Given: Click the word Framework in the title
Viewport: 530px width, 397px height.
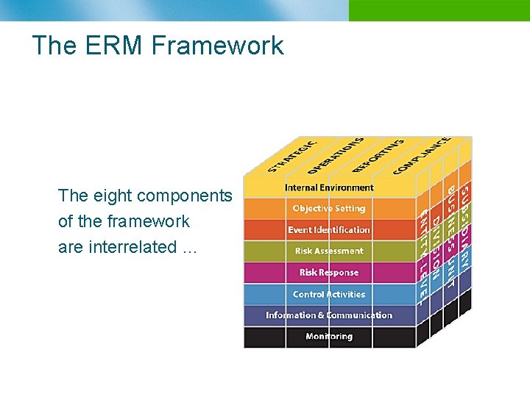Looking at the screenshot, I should click(217, 46).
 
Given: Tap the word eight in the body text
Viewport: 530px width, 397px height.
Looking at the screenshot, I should click(113, 196).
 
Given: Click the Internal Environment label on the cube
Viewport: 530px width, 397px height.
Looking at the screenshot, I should click(329, 187).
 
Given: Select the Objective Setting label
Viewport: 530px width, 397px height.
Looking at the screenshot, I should click(329, 209).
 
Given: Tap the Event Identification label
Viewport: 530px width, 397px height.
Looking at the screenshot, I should click(329, 230).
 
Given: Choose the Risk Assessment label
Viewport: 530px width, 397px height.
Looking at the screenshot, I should click(329, 251).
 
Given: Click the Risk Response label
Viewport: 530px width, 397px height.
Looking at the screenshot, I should click(329, 273).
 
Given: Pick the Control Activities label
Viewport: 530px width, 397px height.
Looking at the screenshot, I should click(329, 294).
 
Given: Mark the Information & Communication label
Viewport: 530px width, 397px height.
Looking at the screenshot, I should click(329, 315).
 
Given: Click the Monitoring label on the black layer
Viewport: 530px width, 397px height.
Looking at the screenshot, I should click(329, 337).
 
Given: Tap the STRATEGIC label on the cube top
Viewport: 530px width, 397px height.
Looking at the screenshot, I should click(293, 156).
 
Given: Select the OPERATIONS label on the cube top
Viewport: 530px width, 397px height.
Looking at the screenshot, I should click(335, 155).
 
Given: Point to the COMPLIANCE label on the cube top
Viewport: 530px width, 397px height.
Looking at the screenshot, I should click(422, 155).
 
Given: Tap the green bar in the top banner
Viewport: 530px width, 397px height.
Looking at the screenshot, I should click(439, 10).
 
